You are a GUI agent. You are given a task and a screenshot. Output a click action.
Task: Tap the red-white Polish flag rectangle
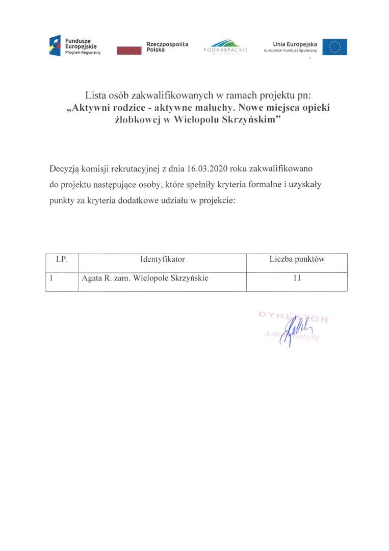click(129, 50)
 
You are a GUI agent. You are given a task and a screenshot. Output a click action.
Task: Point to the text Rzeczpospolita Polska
click(167, 47)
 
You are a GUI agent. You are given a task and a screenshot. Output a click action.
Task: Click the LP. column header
click(61, 259)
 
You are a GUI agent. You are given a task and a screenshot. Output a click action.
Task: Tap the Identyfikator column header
click(162, 259)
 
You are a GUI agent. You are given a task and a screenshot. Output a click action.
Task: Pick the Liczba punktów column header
click(297, 259)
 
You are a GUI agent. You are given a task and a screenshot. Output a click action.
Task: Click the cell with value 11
click(297, 279)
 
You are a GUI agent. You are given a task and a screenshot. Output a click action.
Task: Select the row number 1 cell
click(53, 279)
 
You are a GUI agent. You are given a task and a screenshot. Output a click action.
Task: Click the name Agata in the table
click(92, 279)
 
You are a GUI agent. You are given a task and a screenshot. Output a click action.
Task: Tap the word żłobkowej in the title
click(135, 121)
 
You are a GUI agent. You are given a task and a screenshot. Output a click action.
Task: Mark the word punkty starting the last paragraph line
click(62, 201)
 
